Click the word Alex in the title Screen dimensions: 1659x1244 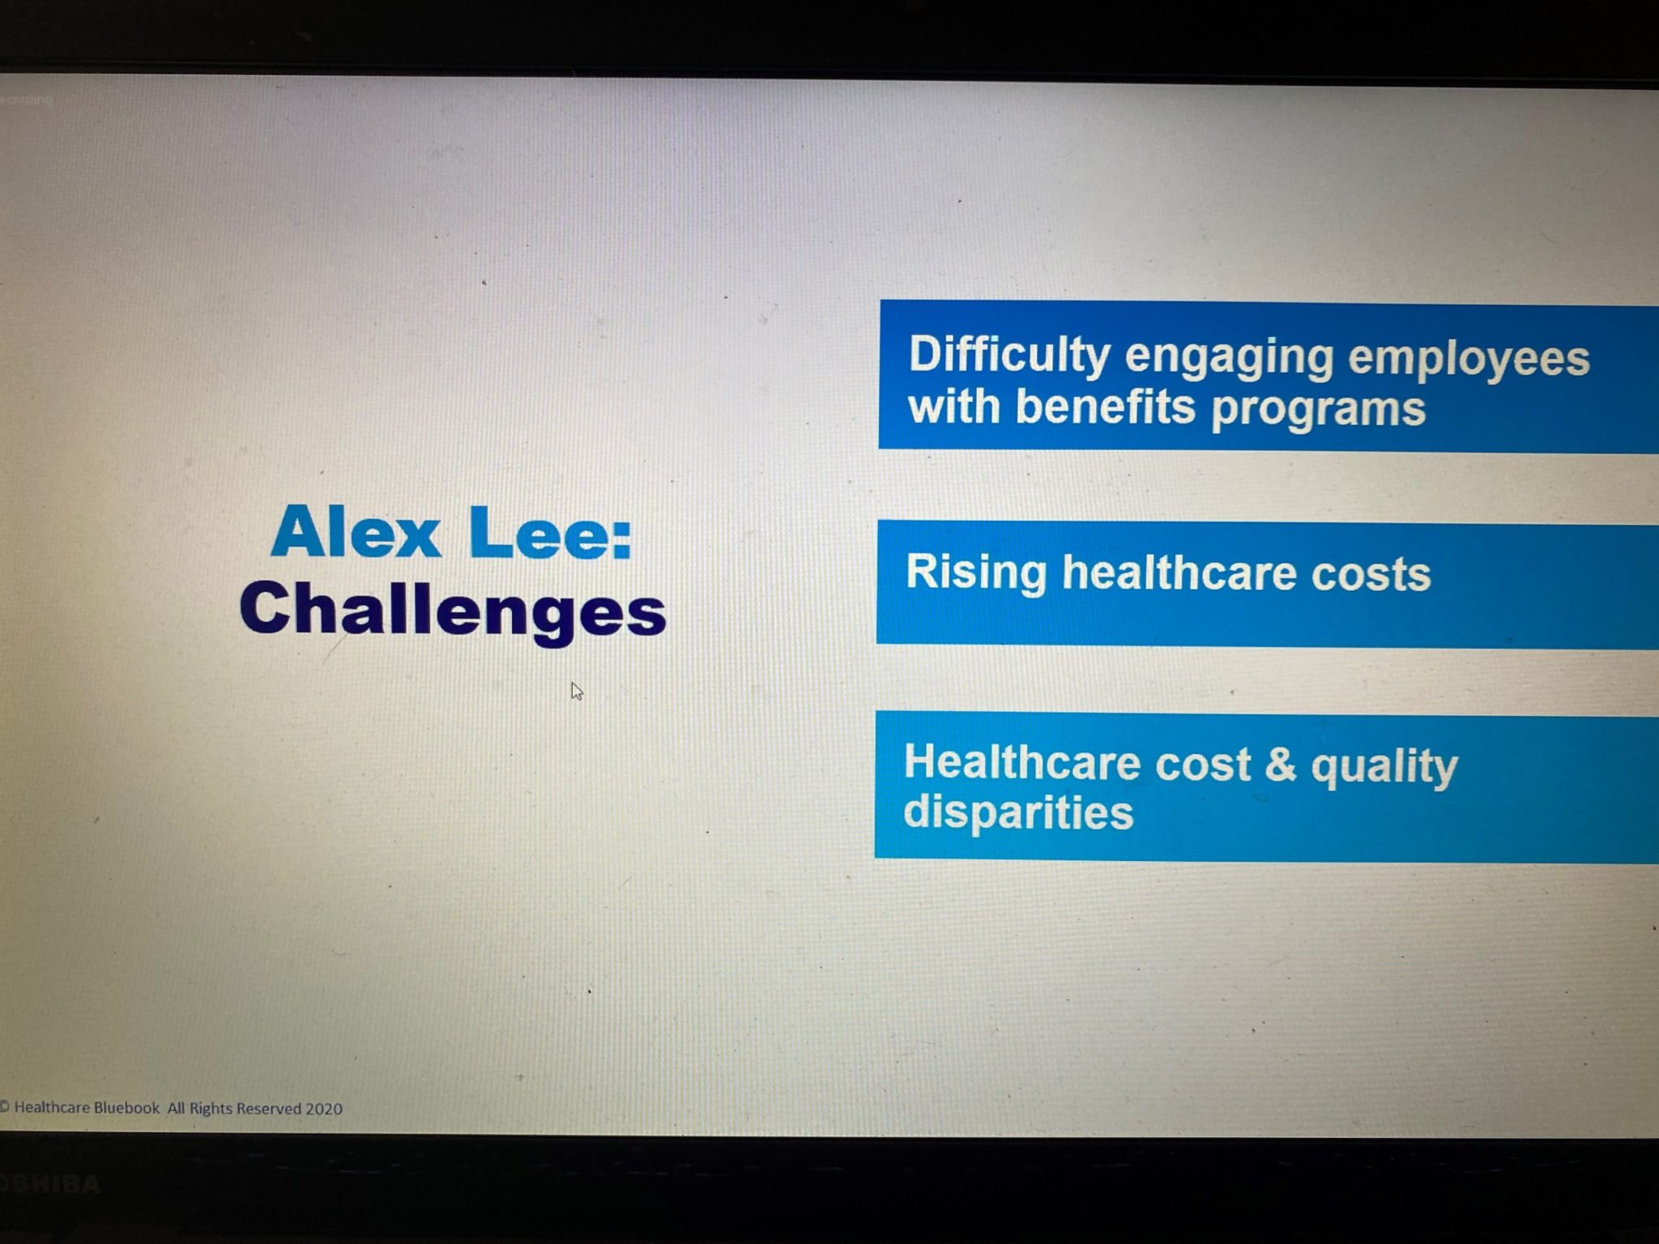[356, 531]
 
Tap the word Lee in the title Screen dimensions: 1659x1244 [549, 533]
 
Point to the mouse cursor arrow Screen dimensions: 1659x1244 [577, 691]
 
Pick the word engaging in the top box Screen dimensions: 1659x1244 [1229, 358]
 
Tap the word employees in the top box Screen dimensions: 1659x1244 [1469, 360]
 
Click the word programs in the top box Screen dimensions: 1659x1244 [1318, 409]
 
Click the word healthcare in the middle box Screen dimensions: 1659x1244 [1179, 573]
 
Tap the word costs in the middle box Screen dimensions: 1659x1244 [1371, 575]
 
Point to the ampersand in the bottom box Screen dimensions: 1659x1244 [1280, 765]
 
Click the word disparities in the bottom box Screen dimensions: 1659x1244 [1018, 811]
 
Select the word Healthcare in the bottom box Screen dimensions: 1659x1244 [1023, 762]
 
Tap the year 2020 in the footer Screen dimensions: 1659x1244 [324, 1108]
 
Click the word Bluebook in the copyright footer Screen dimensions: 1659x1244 [126, 1107]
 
